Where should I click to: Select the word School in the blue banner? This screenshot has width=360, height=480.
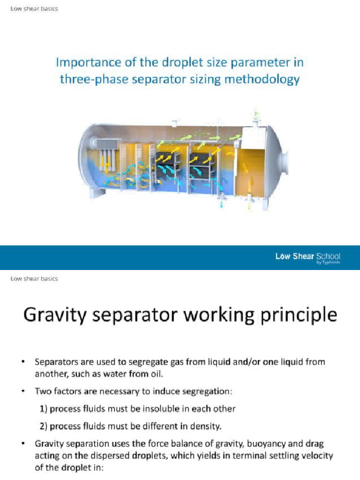point(328,256)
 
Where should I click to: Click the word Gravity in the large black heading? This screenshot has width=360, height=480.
point(49,315)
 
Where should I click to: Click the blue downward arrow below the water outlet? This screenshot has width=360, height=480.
point(222,205)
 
